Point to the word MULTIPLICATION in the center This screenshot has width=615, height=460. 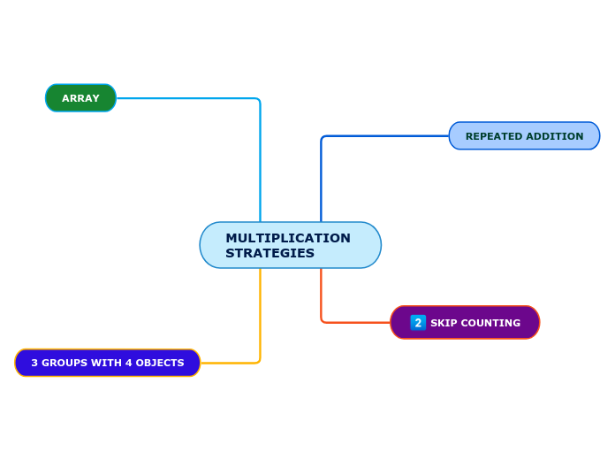click(x=288, y=238)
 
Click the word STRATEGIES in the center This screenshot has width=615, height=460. click(x=270, y=254)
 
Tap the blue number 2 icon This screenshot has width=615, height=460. click(x=418, y=323)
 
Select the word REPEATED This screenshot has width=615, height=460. click(x=493, y=136)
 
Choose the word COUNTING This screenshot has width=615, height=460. click(x=489, y=323)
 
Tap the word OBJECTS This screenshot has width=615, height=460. click(x=159, y=363)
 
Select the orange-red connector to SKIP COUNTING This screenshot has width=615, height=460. click(x=322, y=296)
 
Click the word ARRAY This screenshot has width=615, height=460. click(x=80, y=98)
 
